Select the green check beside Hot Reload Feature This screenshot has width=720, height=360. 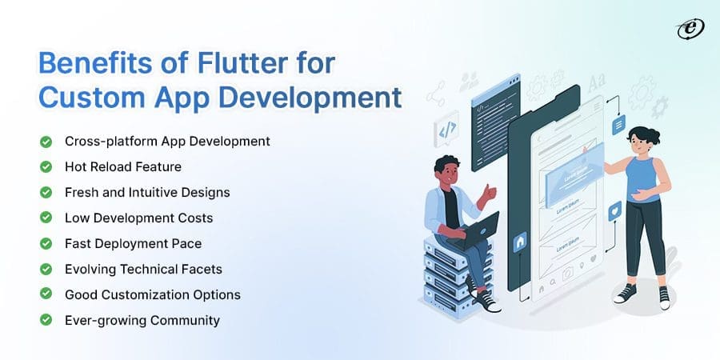coord(46,166)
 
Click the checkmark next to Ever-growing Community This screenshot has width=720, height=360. coord(46,320)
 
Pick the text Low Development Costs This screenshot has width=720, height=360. coord(138,218)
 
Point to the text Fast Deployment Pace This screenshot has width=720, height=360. coord(133,243)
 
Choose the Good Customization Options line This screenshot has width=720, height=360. coord(153,294)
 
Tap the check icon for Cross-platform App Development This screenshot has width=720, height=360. coord(46,141)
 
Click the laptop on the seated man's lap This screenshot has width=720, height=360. coord(478,227)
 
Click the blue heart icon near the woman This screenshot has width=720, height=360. coord(614,211)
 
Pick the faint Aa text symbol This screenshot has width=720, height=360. coord(597,82)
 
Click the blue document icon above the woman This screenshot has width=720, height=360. coord(618,125)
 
